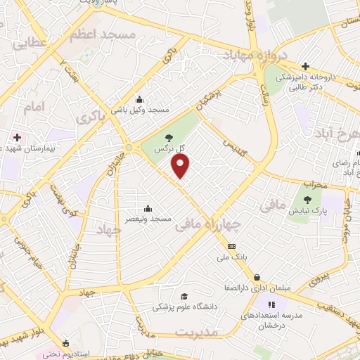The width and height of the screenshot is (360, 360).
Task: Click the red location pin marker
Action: (x=181, y=166)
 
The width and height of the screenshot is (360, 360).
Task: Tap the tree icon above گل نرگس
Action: (x=167, y=138)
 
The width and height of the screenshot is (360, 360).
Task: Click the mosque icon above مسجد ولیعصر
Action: (x=148, y=208)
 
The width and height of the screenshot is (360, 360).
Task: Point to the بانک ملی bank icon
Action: (x=232, y=246)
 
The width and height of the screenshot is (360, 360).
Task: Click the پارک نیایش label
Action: (x=308, y=211)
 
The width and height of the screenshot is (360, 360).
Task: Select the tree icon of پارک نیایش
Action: (x=308, y=199)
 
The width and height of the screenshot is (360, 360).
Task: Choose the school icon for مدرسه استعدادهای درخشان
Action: (x=270, y=304)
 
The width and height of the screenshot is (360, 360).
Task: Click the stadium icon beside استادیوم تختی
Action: (x=66, y=344)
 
